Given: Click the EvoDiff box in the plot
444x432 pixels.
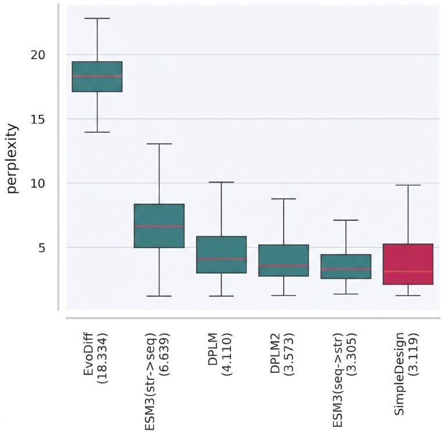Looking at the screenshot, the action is click(x=97, y=77).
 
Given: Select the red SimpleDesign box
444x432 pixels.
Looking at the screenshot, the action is click(x=408, y=264).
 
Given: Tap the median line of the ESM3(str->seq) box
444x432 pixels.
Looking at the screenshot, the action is click(x=159, y=226).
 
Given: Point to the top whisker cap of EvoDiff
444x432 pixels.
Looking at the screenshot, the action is click(x=97, y=19).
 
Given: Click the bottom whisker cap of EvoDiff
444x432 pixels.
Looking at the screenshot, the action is click(x=97, y=132).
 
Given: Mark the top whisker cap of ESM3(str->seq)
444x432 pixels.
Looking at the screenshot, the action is click(x=159, y=144).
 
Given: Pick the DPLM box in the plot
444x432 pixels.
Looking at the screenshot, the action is click(x=222, y=255).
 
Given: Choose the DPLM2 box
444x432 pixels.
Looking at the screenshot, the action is click(x=283, y=260).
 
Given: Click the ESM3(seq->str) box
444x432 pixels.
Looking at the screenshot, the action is click(x=346, y=267).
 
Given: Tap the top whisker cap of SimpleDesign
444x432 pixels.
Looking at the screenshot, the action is click(x=408, y=185).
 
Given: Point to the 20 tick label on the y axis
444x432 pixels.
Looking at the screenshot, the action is click(x=38, y=55).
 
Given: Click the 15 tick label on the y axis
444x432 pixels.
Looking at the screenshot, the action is click(x=38, y=119).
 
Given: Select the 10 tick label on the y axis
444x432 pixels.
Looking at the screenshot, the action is click(x=38, y=183).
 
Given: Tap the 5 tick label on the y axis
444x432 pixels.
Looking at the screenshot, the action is click(x=42, y=248).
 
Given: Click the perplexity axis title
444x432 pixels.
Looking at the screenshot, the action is click(x=12, y=158).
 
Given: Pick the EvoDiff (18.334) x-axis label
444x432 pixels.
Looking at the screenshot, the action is click(x=95, y=358).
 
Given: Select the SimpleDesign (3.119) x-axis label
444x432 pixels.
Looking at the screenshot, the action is click(x=406, y=374).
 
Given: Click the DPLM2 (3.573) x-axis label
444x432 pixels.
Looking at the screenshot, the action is click(x=282, y=354).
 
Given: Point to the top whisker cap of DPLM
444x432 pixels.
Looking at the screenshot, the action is click(x=222, y=182).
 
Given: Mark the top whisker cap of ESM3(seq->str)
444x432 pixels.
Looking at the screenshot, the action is click(x=346, y=220).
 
